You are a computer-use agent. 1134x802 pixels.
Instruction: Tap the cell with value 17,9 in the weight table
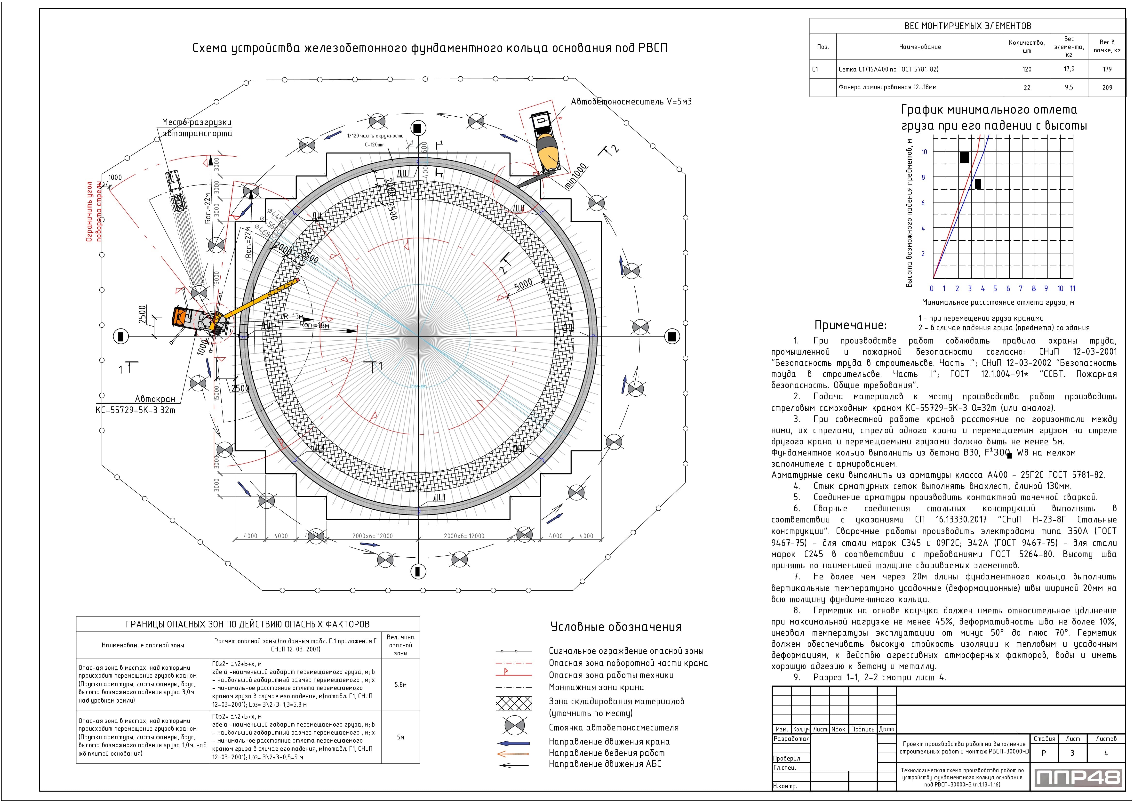coord(1069,69)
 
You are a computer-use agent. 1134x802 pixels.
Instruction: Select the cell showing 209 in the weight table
coord(1107,88)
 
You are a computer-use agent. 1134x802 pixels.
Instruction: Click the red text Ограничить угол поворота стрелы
coord(94,211)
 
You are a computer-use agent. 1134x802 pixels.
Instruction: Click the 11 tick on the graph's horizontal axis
coord(1072,289)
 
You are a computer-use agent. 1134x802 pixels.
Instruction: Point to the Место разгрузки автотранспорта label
coord(197,128)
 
